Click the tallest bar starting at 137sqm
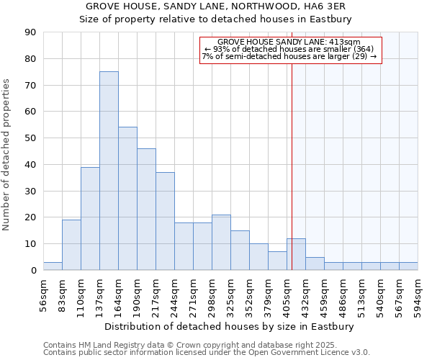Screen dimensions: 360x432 pos(109,171)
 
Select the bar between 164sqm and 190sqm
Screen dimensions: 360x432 pos(127,199)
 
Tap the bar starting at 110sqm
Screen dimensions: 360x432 pos(90,218)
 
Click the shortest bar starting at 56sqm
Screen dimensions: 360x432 pos(53,266)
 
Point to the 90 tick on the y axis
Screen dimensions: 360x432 pos(31,32)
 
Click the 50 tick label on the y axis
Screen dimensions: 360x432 pos(31,138)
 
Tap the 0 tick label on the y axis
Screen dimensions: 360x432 pos(34,270)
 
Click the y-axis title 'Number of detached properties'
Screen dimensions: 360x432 pos(6,155)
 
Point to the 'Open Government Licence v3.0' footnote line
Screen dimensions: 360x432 pos(207,352)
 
